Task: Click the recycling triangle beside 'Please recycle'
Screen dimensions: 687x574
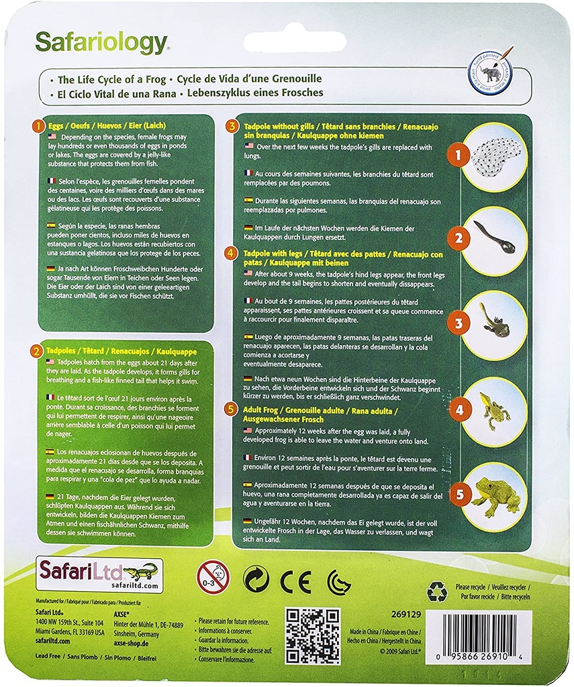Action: coord(436,591)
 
